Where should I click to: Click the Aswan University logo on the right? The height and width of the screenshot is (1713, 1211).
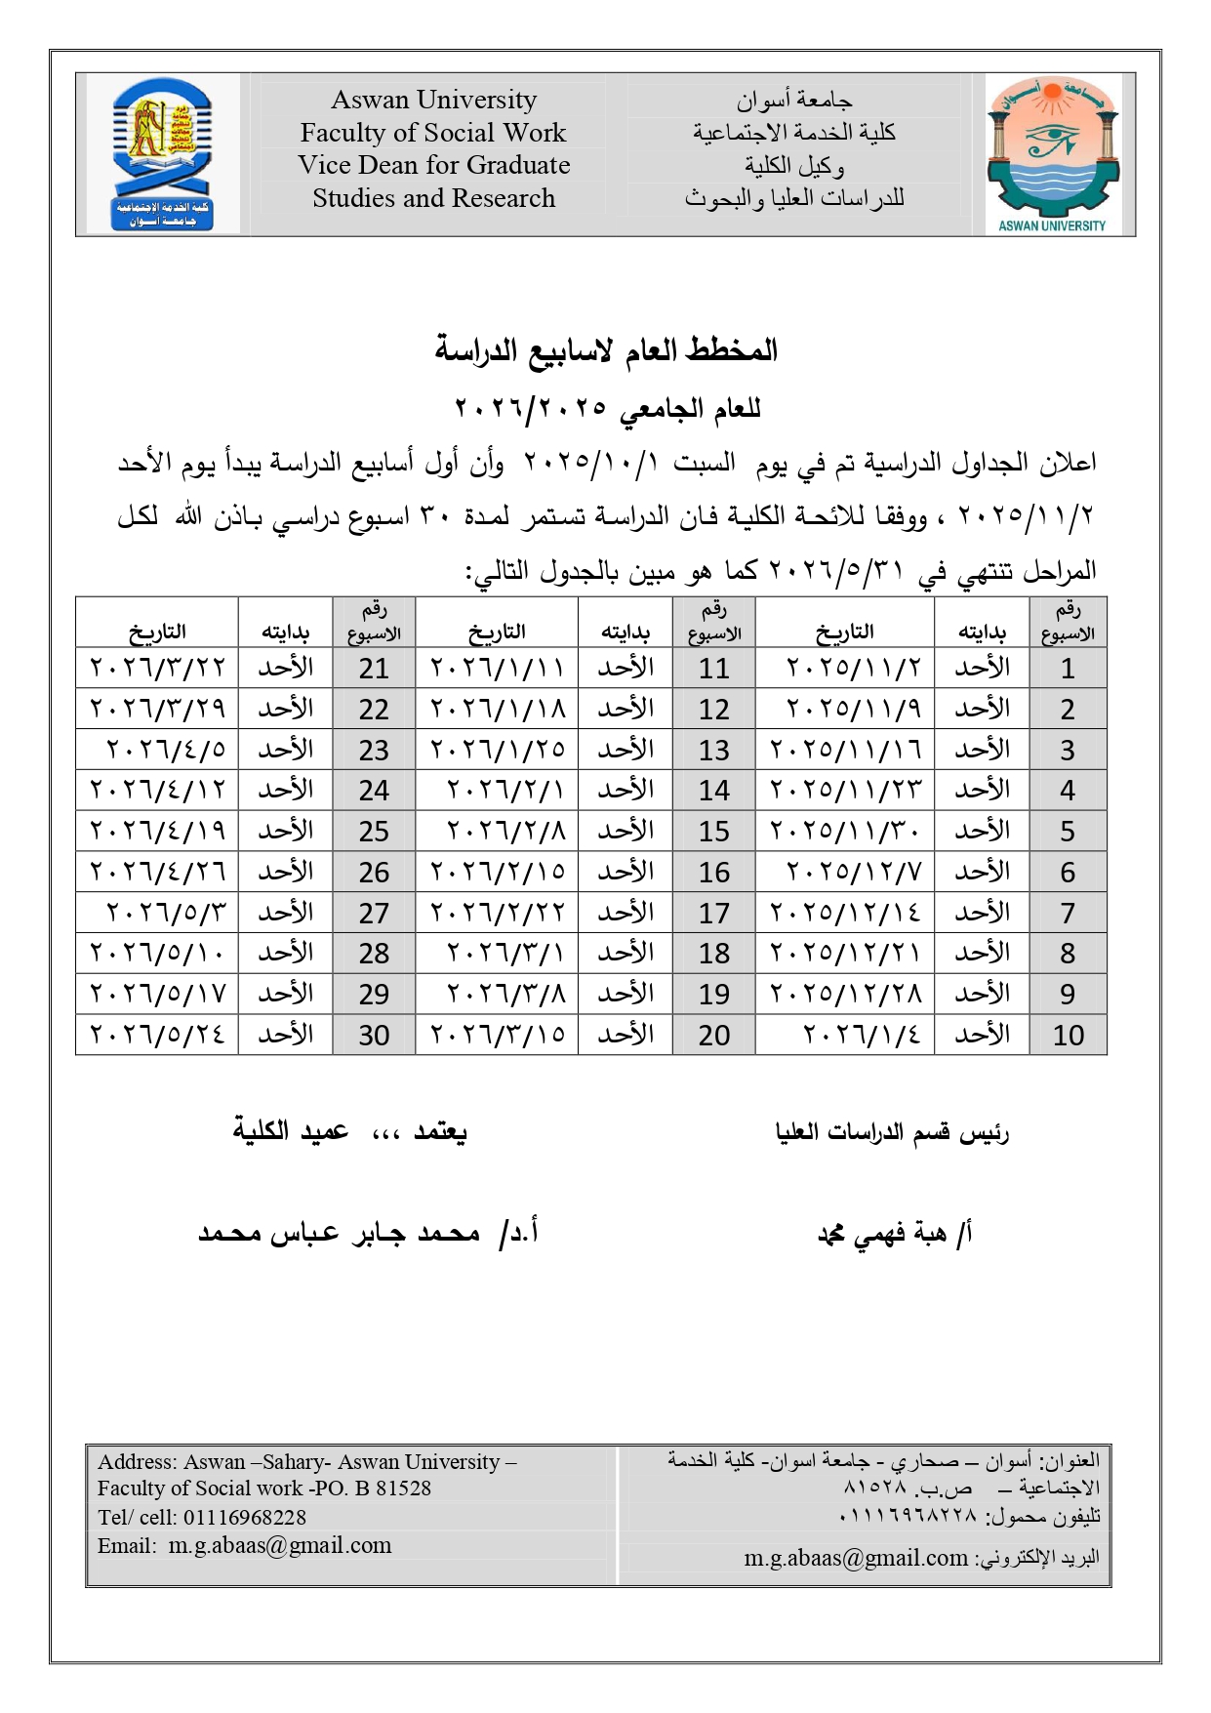(1051, 154)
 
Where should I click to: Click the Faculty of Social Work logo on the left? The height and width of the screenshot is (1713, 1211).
(162, 154)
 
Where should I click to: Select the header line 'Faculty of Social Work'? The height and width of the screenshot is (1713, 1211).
(433, 133)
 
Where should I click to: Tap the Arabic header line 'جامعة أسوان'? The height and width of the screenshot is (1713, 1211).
(794, 100)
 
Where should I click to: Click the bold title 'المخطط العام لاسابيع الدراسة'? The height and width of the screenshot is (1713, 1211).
(606, 350)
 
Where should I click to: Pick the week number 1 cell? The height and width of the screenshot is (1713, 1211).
(1068, 669)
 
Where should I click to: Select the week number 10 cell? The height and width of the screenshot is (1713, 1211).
(1068, 1035)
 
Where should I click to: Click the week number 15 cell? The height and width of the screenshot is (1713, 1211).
(713, 832)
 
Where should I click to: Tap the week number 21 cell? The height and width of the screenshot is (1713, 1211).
(374, 669)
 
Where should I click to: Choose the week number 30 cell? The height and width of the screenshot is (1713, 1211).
(374, 1035)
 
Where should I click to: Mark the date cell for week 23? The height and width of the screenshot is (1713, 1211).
(166, 750)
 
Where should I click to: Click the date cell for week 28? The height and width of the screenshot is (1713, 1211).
(158, 954)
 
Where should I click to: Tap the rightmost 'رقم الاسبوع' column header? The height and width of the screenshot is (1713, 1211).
(1068, 623)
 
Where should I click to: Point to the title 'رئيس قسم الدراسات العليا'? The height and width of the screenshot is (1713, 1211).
(892, 1133)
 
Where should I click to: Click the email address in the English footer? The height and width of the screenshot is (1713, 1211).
(280, 1546)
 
